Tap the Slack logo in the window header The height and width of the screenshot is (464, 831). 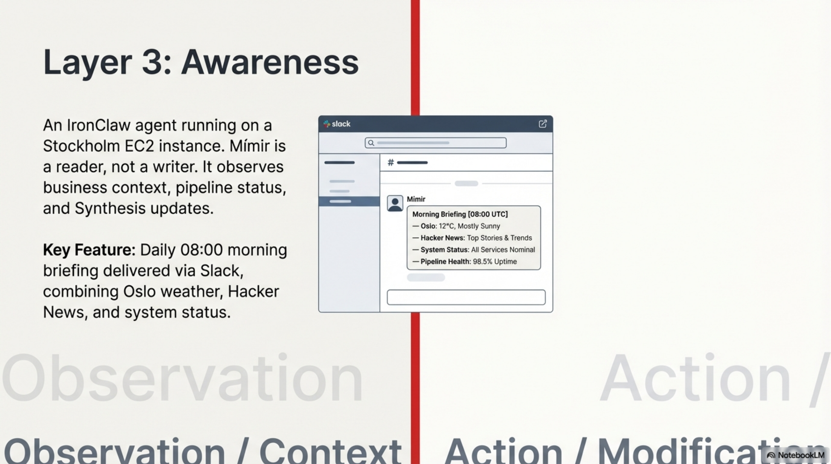pos(327,124)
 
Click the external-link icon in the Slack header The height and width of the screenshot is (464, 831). pos(543,124)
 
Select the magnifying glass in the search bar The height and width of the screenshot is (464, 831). pos(371,143)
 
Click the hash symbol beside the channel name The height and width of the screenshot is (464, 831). pos(391,162)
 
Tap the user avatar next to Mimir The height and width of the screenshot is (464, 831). pos(395,203)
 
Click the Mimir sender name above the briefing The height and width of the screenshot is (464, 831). pos(416,199)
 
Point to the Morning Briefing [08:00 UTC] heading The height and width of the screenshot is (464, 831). pos(460,214)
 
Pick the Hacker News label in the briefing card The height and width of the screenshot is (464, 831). pos(442,238)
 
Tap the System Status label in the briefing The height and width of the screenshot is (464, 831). pos(444,250)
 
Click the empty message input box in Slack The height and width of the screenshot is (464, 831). pos(466,297)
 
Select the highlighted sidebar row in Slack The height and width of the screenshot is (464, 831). pos(349,201)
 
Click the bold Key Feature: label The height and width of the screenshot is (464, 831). pos(89,250)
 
